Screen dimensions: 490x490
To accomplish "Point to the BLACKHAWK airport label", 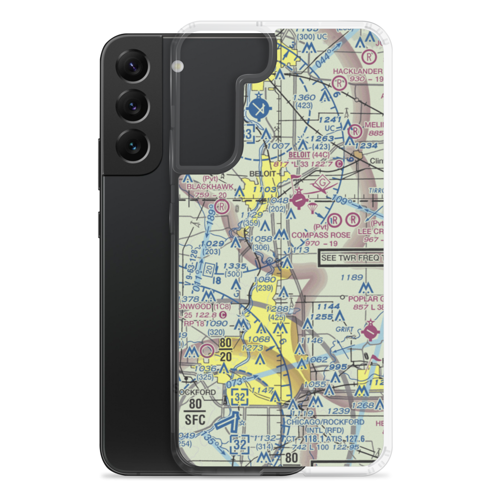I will [x=204, y=187].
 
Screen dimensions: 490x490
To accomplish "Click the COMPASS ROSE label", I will [x=321, y=235].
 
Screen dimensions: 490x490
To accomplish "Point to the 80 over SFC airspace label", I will [x=195, y=412].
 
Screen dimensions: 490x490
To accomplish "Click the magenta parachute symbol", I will [x=312, y=210].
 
